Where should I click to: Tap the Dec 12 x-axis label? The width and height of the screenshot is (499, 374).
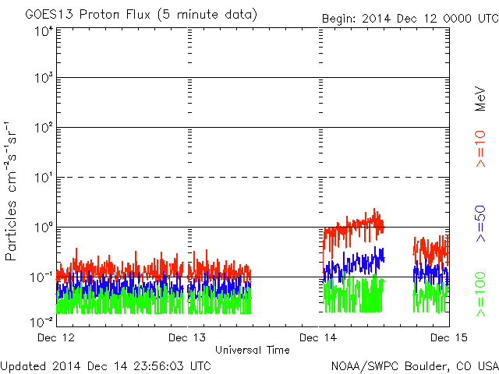coord(56,337)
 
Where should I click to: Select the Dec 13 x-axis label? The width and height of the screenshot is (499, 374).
coord(187,337)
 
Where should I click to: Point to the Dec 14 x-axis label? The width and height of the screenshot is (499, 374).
coord(318,337)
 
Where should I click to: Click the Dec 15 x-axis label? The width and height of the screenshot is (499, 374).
coord(449,337)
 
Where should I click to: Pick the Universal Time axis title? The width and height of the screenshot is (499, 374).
coord(253,350)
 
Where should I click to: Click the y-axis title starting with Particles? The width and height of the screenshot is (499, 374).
coord(11,191)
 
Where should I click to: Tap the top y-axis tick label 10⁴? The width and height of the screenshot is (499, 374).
coord(44,32)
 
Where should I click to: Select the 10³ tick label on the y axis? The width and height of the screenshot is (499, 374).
coord(44,78)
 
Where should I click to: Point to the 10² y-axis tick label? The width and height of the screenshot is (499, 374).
coord(44,128)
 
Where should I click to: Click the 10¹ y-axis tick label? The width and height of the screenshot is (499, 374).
coord(44,178)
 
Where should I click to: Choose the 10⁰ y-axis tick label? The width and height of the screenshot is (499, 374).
coord(44,228)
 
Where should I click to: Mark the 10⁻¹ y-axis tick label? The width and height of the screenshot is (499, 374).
coord(41,277)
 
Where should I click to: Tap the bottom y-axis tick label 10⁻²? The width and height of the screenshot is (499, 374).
coord(41,322)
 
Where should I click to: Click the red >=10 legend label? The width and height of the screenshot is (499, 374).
coord(480,149)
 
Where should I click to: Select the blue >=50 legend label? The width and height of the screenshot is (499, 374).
coord(480,224)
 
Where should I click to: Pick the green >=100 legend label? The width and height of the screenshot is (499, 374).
coord(480,295)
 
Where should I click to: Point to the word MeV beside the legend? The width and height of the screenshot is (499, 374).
coord(480,99)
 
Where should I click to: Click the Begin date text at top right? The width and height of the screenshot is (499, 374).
coord(410,19)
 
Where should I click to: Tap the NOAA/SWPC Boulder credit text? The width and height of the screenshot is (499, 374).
coord(415,366)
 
